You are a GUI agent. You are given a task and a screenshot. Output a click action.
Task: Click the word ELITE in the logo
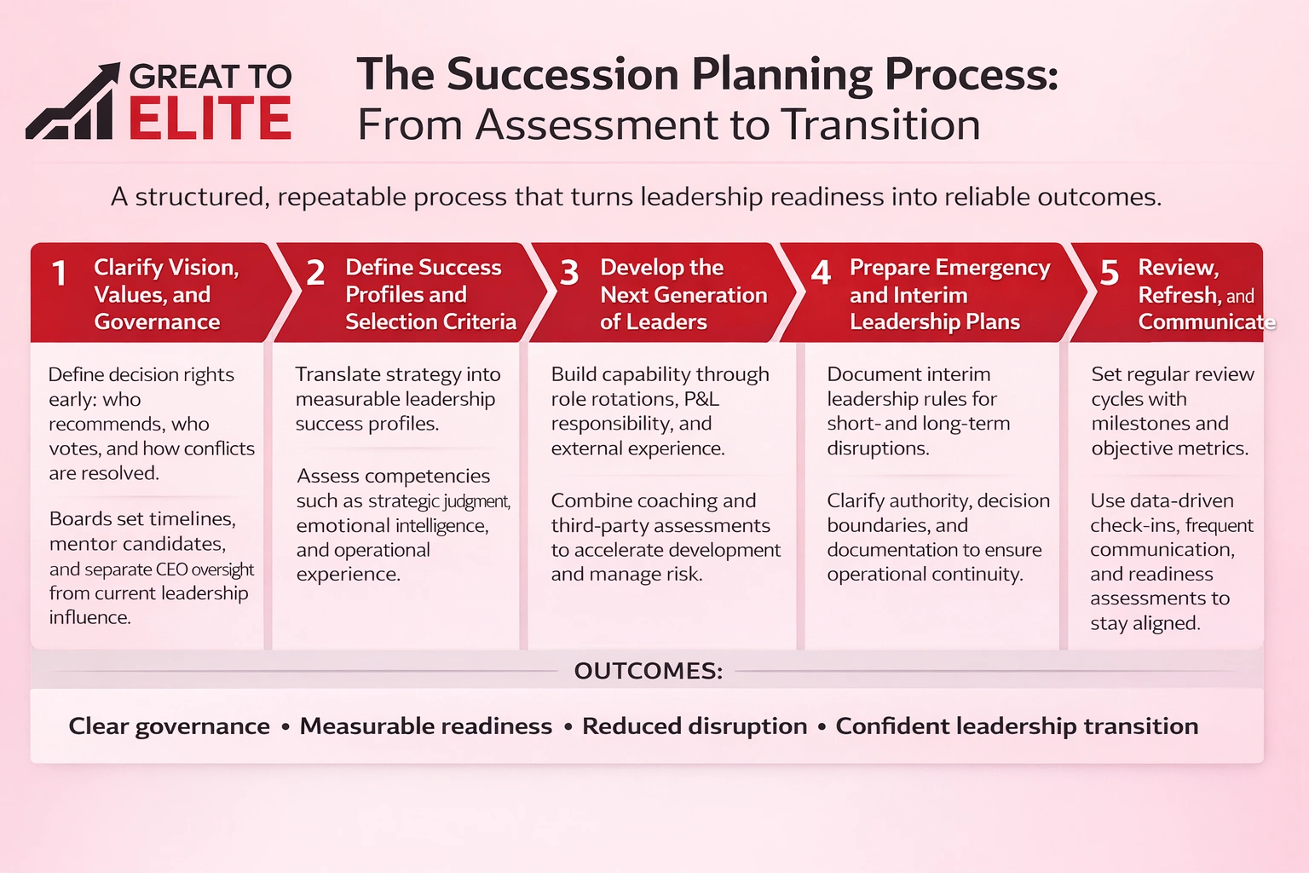pyautogui.click(x=210, y=119)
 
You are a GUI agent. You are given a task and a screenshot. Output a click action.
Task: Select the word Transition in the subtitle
pyautogui.click(x=880, y=125)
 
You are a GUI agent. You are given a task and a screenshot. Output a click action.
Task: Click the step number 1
pyautogui.click(x=59, y=274)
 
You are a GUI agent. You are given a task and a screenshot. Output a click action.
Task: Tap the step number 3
pyautogui.click(x=568, y=274)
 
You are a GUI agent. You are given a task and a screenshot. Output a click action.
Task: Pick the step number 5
pyautogui.click(x=1109, y=274)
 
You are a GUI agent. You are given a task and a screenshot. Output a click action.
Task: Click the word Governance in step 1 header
pyautogui.click(x=157, y=321)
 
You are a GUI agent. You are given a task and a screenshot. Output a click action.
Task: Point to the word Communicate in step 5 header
pyautogui.click(x=1205, y=321)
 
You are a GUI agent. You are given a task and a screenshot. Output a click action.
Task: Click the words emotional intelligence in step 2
pyautogui.click(x=391, y=525)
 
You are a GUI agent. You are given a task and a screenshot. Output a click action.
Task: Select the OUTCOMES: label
pyautogui.click(x=648, y=671)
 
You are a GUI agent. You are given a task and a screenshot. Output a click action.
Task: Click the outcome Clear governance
pyautogui.click(x=169, y=726)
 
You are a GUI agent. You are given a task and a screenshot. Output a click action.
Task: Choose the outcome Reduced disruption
pyautogui.click(x=694, y=726)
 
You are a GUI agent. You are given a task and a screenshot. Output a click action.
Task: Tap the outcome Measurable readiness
pyautogui.click(x=425, y=726)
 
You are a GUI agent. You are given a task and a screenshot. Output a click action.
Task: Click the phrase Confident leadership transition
pyautogui.click(x=1016, y=726)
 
